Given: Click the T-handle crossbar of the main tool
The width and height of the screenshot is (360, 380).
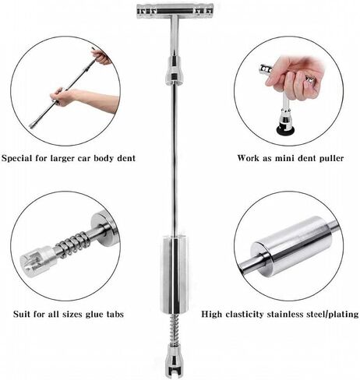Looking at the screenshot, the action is coord(175,12).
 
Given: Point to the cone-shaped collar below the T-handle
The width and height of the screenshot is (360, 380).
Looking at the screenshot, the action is coord(175,70).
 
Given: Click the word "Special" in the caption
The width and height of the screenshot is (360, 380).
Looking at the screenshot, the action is coord(17,158).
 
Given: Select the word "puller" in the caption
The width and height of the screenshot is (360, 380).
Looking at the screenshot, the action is coord(330,158).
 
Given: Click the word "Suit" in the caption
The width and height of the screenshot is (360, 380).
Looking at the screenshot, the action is coord(22,315).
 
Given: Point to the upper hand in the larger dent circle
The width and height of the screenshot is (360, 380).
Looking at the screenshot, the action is coord(101,56).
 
